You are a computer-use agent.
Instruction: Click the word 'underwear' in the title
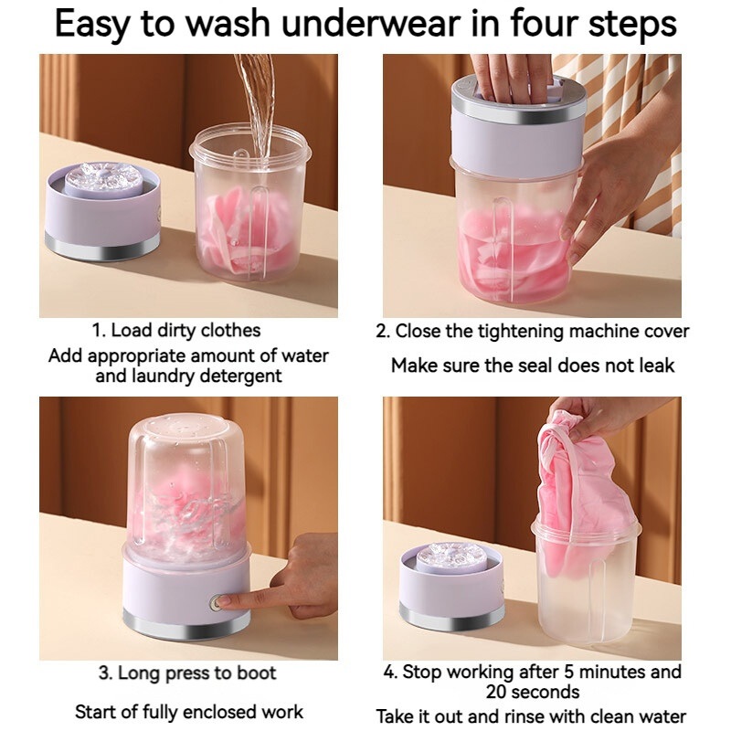(x=371, y=24)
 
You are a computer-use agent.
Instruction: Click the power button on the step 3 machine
(x=216, y=603)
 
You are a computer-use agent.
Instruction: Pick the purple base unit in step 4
(x=452, y=588)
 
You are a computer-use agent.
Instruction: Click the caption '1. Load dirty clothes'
(x=176, y=331)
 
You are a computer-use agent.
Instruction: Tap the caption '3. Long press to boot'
(x=187, y=673)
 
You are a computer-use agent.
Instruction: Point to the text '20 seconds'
(x=533, y=692)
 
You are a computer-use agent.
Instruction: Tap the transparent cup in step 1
(x=250, y=205)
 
